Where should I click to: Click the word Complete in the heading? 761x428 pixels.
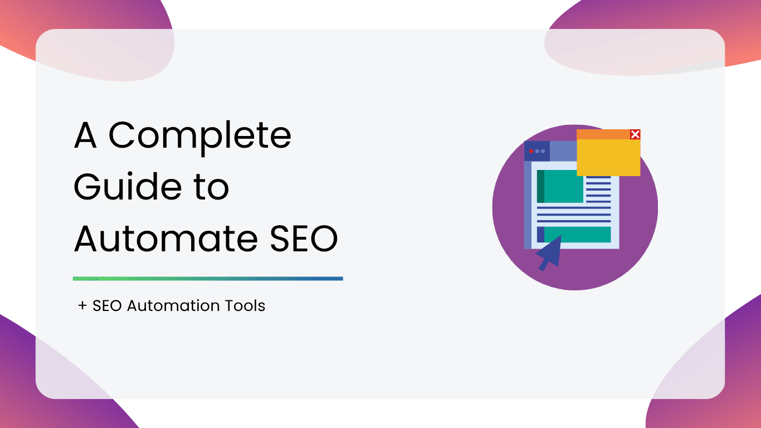[x=200, y=137]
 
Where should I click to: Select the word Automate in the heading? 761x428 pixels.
[x=166, y=239]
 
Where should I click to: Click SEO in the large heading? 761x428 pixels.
[x=304, y=239]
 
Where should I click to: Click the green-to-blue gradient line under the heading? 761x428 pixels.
[x=208, y=279]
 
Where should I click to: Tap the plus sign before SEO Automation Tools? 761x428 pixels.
[x=82, y=305]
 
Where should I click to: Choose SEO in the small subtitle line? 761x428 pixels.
[x=107, y=305]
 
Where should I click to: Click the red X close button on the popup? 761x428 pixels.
[x=635, y=134]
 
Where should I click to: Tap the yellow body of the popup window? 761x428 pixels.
[x=608, y=157]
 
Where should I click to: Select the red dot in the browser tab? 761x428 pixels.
[x=531, y=151]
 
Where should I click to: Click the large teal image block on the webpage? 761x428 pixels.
[x=560, y=186]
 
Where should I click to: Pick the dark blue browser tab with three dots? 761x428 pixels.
[x=537, y=151]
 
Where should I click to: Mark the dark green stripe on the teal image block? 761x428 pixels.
[x=540, y=186]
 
